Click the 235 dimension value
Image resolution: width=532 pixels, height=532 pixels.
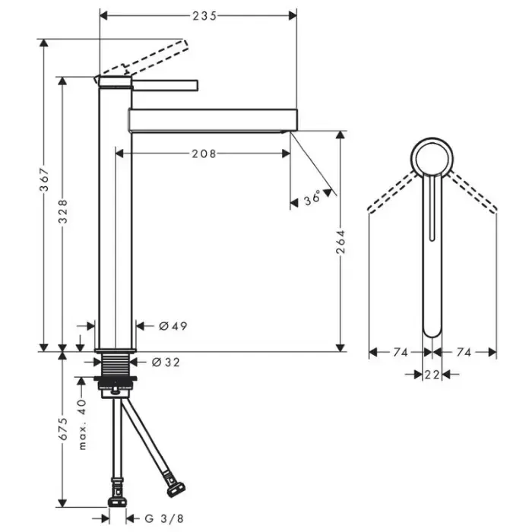pyautogui.click(x=204, y=16)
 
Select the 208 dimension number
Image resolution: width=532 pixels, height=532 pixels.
pyautogui.click(x=204, y=154)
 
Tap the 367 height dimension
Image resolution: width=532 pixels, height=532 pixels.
pyautogui.click(x=44, y=179)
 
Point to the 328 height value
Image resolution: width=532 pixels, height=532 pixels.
pyautogui.click(x=63, y=211)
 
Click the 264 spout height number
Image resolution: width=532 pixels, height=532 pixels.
pyautogui.click(x=340, y=242)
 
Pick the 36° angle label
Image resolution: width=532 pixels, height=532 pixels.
pyautogui.click(x=312, y=198)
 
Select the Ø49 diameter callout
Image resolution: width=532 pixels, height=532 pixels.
pyautogui.click(x=173, y=326)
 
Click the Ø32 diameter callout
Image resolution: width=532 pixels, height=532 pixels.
pyautogui.click(x=166, y=363)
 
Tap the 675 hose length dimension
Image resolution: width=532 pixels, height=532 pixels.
pyautogui.click(x=63, y=429)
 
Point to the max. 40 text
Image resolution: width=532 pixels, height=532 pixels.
pyautogui.click(x=82, y=424)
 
